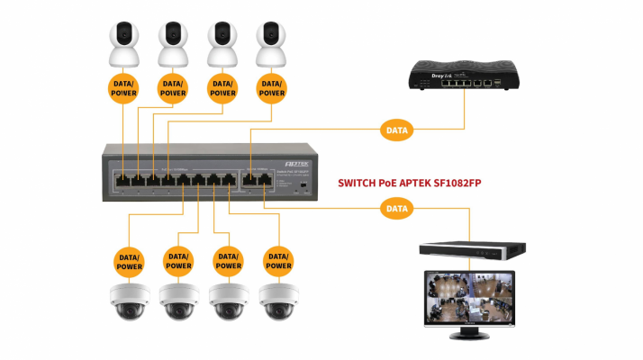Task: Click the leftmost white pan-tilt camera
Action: pyautogui.click(x=124, y=42)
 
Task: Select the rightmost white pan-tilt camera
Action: pyautogui.click(x=271, y=42)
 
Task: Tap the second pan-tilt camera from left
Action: pyautogui.click(x=173, y=42)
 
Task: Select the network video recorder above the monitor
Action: pyautogui.click(x=472, y=249)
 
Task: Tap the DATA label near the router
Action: pyautogui.click(x=397, y=130)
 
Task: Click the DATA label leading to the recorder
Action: pyautogui.click(x=396, y=210)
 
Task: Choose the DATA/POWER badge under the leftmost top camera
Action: pyautogui.click(x=124, y=87)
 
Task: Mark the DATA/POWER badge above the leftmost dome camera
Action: pyautogui.click(x=129, y=261)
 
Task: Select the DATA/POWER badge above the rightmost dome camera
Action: pyautogui.click(x=277, y=261)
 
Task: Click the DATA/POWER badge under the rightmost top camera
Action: pyautogui.click(x=271, y=87)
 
